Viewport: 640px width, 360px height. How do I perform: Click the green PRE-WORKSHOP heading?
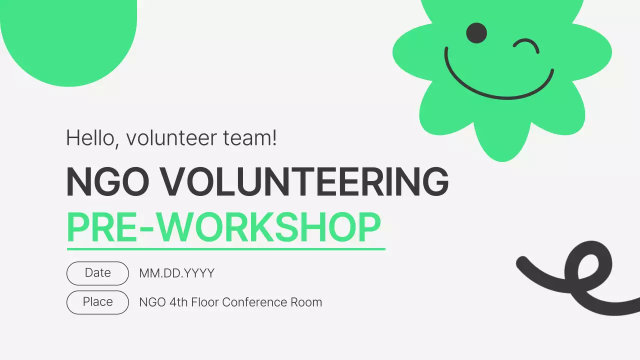223,227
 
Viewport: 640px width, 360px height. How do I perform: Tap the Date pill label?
98,273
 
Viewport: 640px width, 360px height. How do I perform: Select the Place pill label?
98,302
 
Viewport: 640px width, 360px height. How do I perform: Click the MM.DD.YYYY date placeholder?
176,273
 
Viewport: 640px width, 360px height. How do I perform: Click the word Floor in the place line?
204,302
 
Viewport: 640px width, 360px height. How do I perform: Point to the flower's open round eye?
476,32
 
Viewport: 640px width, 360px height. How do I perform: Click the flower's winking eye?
526,46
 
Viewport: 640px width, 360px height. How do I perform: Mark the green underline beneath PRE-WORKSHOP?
226,248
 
